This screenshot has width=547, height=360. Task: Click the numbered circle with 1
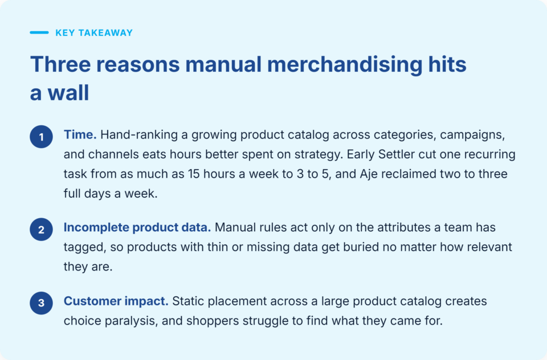[x=41, y=137]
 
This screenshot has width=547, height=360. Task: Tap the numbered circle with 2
[x=41, y=230]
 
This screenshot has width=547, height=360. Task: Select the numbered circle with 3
[x=41, y=303]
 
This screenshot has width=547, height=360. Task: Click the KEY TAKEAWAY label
[x=94, y=33]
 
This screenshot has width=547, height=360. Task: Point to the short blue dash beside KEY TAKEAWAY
[x=39, y=32]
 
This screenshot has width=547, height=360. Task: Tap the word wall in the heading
[x=68, y=93]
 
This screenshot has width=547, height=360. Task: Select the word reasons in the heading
[x=138, y=65]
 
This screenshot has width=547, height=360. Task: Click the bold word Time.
[x=80, y=134]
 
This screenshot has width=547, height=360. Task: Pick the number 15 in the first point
[x=194, y=174]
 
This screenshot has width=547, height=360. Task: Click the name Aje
[x=369, y=174]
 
